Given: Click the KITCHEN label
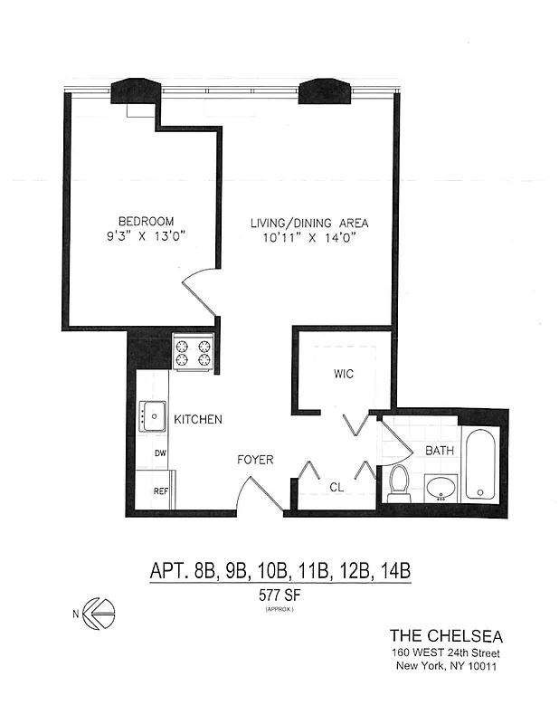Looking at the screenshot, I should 198,420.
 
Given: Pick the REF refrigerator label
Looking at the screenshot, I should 160,492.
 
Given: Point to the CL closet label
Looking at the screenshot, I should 336,488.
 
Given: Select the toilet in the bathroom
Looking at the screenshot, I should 399,483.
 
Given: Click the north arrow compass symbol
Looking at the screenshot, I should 97,613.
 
